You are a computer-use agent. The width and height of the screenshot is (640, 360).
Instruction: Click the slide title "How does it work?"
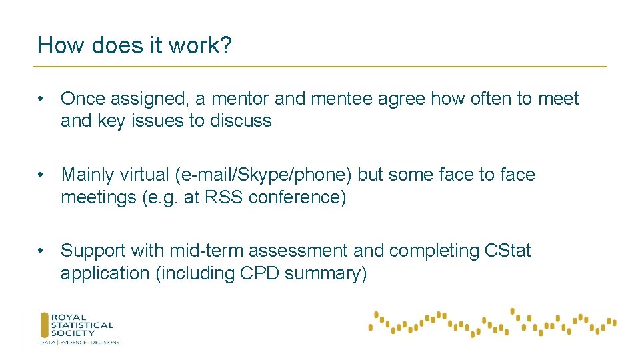(135, 45)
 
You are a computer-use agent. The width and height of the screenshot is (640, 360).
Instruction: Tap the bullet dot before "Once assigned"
(41, 99)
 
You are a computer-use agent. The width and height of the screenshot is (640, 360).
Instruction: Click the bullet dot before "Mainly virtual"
(41, 175)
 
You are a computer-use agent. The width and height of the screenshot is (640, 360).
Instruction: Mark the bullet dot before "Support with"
(41, 251)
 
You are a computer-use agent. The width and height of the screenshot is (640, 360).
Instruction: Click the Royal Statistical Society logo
(77, 325)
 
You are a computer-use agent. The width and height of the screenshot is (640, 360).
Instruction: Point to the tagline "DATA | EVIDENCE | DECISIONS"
(79, 343)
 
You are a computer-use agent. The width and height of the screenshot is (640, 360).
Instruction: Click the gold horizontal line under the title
(320, 67)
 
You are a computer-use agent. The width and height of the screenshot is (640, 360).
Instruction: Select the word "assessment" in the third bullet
(305, 251)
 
